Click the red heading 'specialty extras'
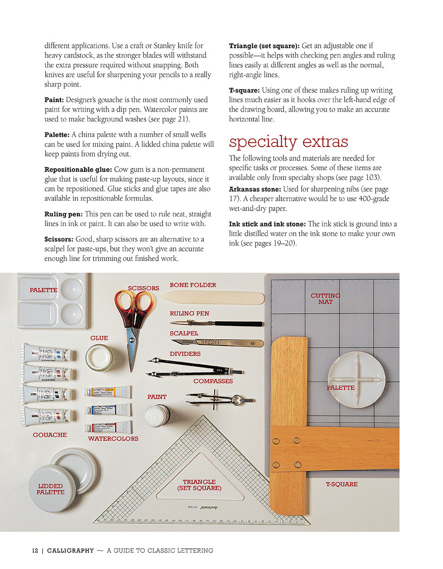click(288, 142)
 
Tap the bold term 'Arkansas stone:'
click(255, 189)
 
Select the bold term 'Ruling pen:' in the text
click(63, 214)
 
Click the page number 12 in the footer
click(35, 551)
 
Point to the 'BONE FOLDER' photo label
click(193, 285)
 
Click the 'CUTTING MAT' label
click(325, 299)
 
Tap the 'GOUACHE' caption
click(50, 435)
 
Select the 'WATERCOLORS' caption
click(113, 438)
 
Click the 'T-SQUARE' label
click(342, 484)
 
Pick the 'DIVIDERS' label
click(185, 354)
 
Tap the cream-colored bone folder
click(213, 297)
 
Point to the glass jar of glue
click(100, 358)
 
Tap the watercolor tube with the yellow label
click(108, 392)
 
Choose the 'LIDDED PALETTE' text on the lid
click(51, 489)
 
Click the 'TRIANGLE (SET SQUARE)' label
click(199, 485)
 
